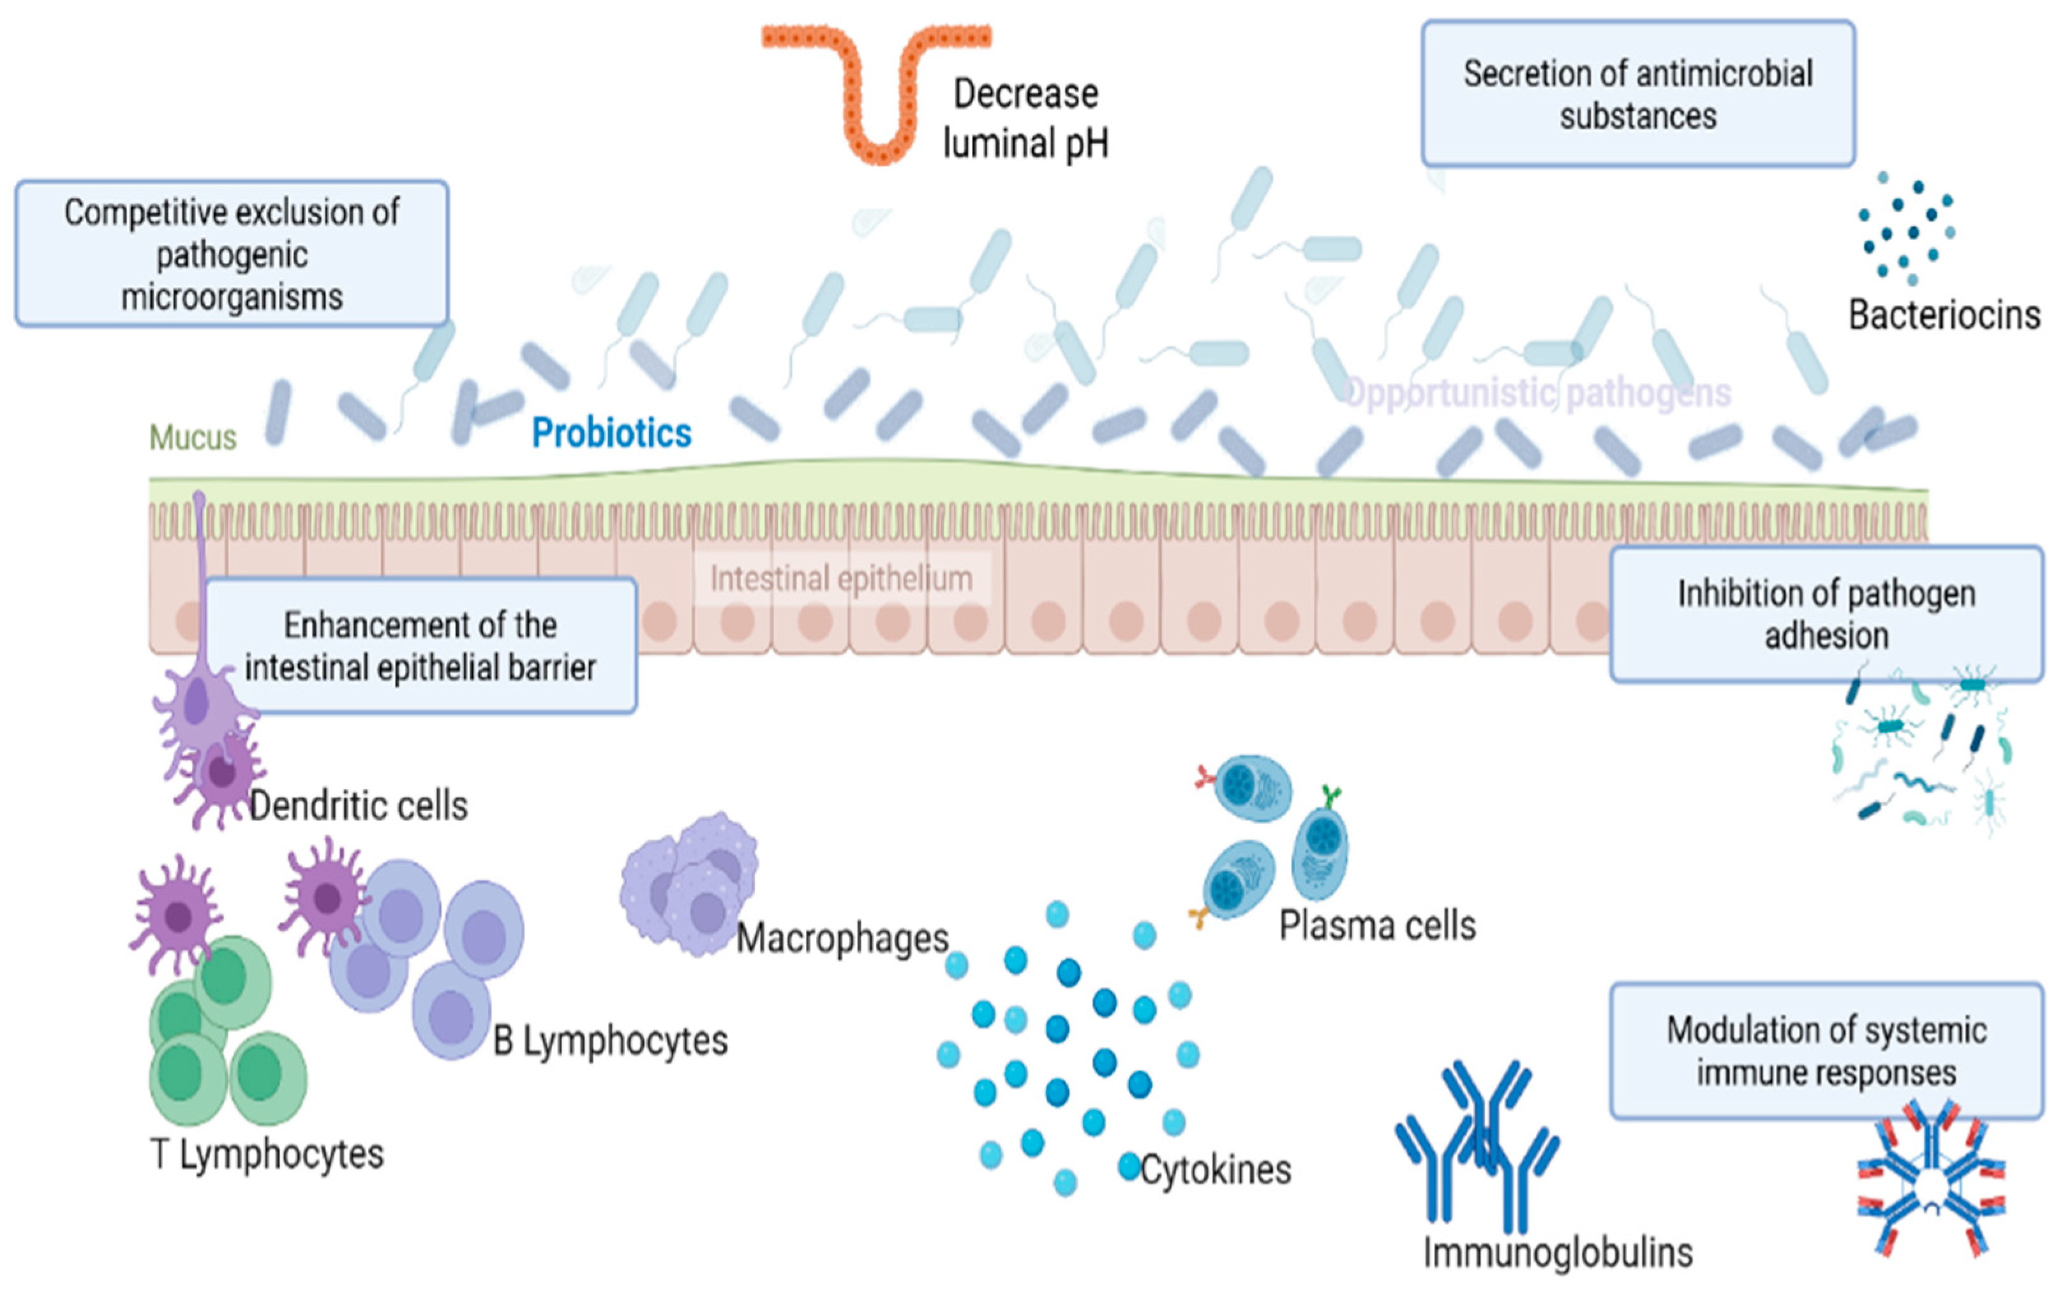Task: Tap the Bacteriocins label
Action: tap(1944, 315)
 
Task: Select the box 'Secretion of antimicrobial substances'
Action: tap(1637, 94)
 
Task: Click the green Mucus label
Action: tap(193, 438)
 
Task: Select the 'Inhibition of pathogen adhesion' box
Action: tap(1826, 614)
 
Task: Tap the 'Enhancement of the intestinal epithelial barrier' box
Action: tap(420, 646)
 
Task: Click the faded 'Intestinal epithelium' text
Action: tap(841, 579)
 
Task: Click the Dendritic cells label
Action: tap(359, 805)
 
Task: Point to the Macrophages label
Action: tap(842, 938)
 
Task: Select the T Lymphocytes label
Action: tap(267, 1154)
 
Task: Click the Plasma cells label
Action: tap(1377, 926)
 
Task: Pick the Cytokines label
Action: tap(1215, 1169)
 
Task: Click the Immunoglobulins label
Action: tap(1558, 1252)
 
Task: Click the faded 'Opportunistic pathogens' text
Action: tap(1537, 393)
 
